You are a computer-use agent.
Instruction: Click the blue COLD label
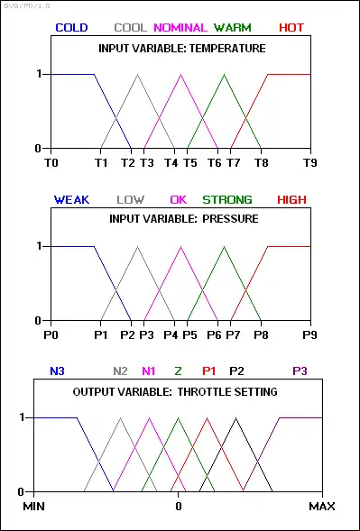tap(71, 27)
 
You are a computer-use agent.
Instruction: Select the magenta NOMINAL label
tap(180, 27)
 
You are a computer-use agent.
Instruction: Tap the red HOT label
tap(291, 27)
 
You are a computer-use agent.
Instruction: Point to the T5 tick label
tap(190, 163)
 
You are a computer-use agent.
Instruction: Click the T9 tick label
tap(309, 163)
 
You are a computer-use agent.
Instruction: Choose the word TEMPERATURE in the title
tap(227, 49)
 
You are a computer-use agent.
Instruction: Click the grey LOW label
tap(131, 200)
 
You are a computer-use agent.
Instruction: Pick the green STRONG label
tap(227, 200)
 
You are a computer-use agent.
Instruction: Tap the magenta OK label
tap(179, 200)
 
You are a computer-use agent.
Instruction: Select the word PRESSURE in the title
tap(230, 219)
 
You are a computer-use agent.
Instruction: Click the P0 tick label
tap(51, 335)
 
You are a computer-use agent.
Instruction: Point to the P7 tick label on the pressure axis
tap(233, 335)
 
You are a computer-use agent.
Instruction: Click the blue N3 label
tap(57, 371)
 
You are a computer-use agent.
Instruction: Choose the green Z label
tap(179, 371)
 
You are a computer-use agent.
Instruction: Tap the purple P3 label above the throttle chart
tap(300, 371)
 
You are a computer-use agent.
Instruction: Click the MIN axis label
tap(34, 507)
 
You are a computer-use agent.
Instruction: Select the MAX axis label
tap(322, 507)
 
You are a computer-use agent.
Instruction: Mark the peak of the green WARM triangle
tap(224, 74)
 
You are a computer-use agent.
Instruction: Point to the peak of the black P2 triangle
tap(236, 418)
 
